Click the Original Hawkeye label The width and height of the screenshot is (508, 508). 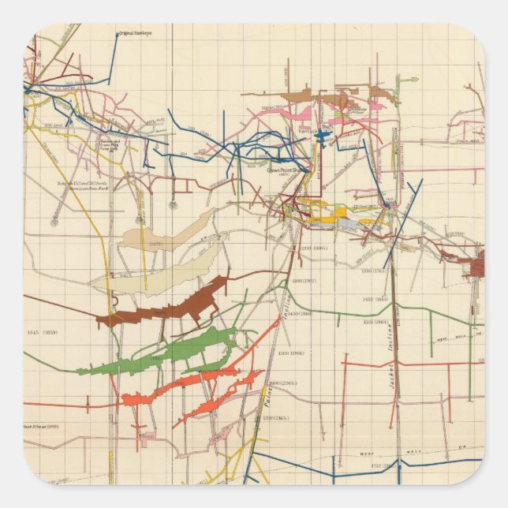pyautogui.click(x=134, y=34)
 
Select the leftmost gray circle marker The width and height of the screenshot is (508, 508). pyautogui.click(x=54, y=222)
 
